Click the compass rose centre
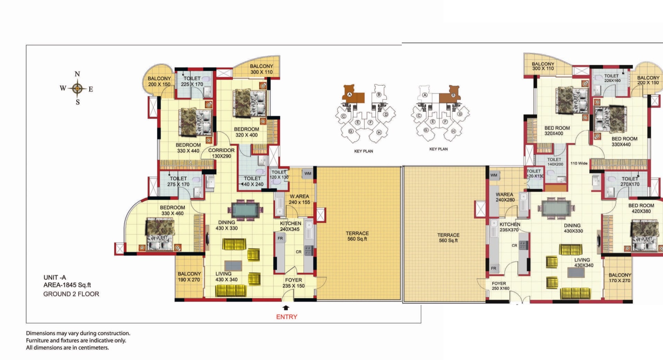[77, 89]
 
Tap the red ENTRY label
[286, 317]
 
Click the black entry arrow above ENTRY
[286, 308]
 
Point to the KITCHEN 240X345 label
[290, 226]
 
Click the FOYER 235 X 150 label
[293, 283]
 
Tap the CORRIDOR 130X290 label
[221, 153]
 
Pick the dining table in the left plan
[245, 210]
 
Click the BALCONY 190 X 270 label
[189, 276]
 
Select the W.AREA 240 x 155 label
[299, 199]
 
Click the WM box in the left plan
[308, 174]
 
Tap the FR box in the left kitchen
[280, 238]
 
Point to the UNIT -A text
[54, 277]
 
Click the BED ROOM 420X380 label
[641, 208]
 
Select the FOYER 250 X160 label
[500, 286]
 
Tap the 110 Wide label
[579, 163]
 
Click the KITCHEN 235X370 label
[509, 227]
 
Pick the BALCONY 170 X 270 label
[620, 278]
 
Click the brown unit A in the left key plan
[353, 95]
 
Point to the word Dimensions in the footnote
[41, 333]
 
